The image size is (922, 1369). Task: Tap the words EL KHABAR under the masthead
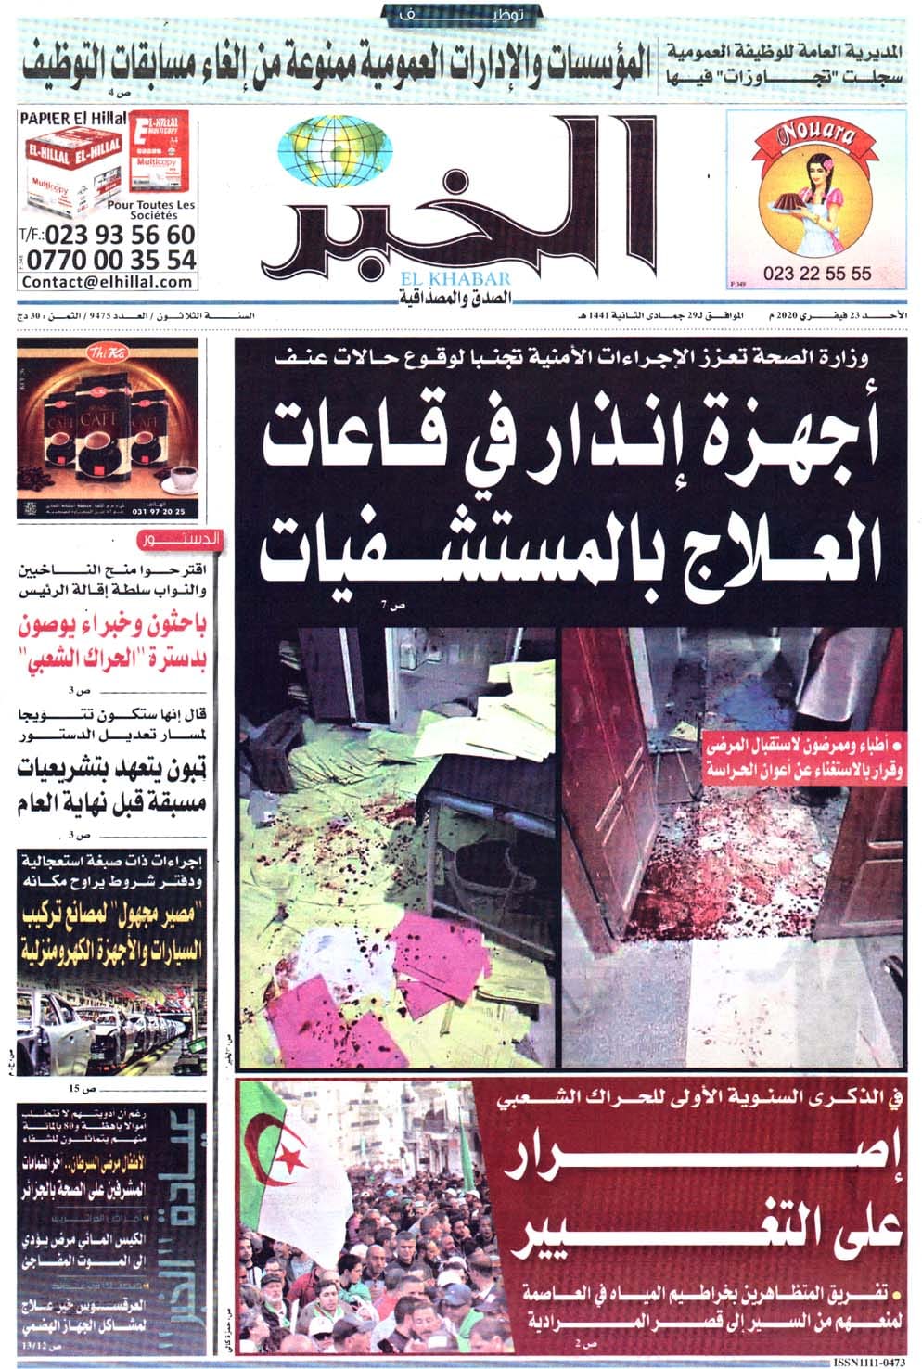pos(456,279)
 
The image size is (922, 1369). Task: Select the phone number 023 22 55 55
pos(817,274)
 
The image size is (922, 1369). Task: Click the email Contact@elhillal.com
pos(108,282)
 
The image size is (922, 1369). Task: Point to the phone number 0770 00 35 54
pos(111,259)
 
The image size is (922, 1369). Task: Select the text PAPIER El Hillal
pos(65,118)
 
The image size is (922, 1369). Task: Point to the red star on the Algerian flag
pos(292,1158)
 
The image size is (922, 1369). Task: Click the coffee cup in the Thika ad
pos(180,477)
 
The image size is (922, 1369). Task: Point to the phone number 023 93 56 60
pos(121,235)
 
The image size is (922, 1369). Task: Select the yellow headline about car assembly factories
pos(116,933)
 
